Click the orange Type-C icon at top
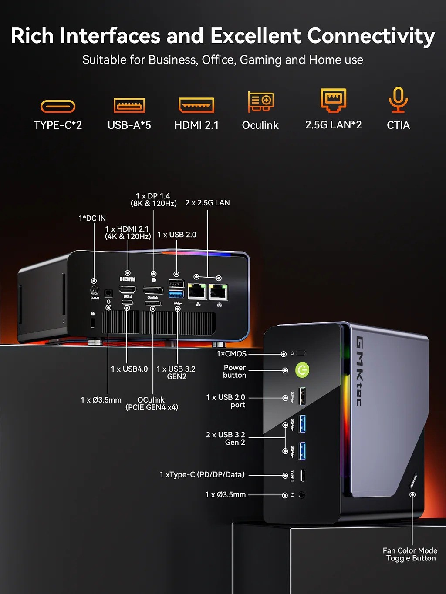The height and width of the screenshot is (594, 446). point(58,106)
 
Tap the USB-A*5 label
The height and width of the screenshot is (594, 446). point(129,125)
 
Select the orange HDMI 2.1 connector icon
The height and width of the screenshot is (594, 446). point(196,105)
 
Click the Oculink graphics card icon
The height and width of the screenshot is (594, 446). point(260,102)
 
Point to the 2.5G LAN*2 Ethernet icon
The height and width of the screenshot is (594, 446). point(333,100)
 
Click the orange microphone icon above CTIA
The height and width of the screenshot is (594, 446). point(398,100)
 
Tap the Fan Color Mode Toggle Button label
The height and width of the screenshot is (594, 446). point(410,554)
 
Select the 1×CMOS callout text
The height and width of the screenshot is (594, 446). point(231,354)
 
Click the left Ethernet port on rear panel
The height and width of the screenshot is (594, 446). point(197,291)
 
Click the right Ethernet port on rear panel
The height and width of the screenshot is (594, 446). point(218,292)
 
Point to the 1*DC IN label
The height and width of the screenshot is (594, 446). point(92,218)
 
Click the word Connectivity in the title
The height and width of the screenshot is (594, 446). point(371,36)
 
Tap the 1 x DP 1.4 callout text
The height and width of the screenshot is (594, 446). point(153,200)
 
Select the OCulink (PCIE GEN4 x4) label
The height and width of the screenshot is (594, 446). point(152,403)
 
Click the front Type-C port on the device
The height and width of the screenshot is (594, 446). point(303,476)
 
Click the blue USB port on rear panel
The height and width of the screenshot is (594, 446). point(176,294)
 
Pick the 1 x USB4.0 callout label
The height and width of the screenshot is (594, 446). point(129,369)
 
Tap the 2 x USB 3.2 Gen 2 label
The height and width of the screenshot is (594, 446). point(226,438)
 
